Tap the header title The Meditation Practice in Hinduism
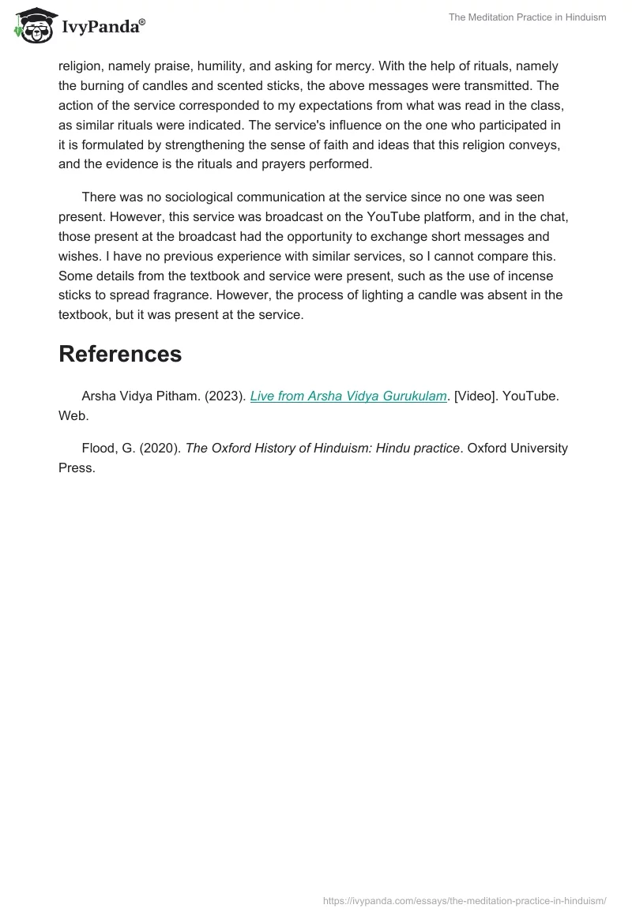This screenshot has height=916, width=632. (527, 17)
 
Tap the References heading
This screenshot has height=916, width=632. (120, 354)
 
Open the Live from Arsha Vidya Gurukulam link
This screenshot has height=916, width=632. (348, 396)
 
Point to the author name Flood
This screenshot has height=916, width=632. (99, 449)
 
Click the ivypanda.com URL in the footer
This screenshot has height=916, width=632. (465, 900)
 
